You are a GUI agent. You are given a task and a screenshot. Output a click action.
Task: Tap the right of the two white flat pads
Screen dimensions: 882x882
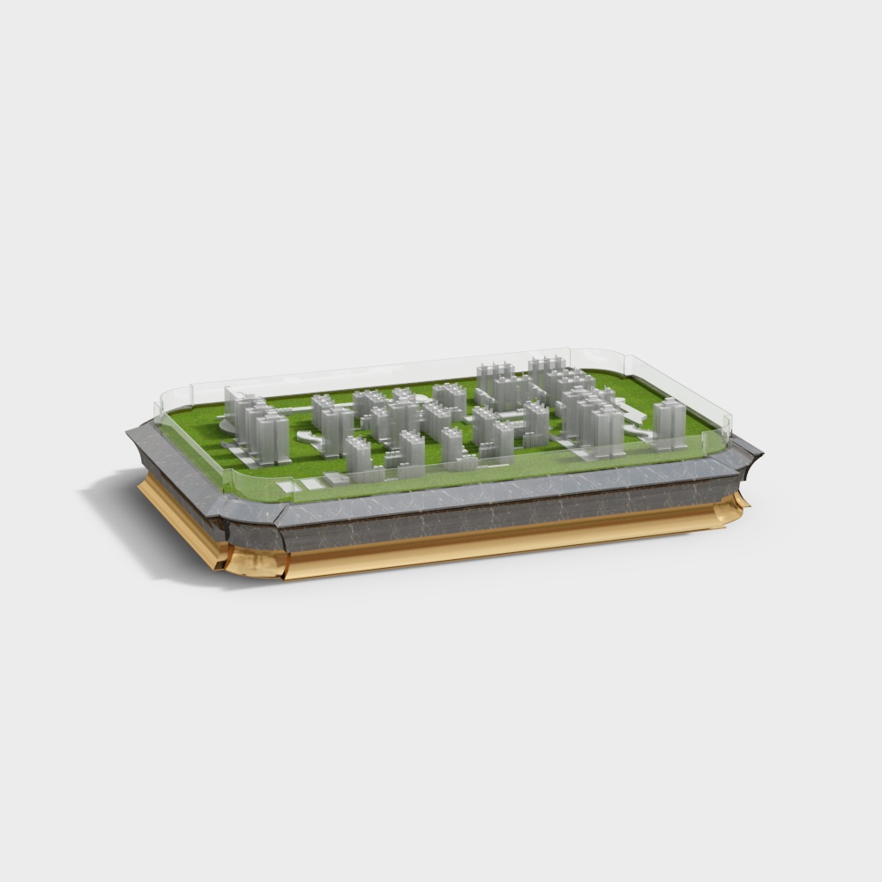click(310, 482)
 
